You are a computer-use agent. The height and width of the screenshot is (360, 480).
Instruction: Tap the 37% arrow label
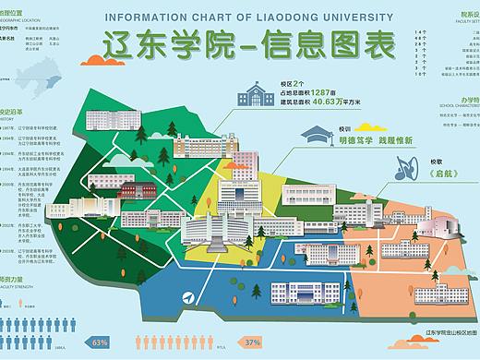tap(251, 342)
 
